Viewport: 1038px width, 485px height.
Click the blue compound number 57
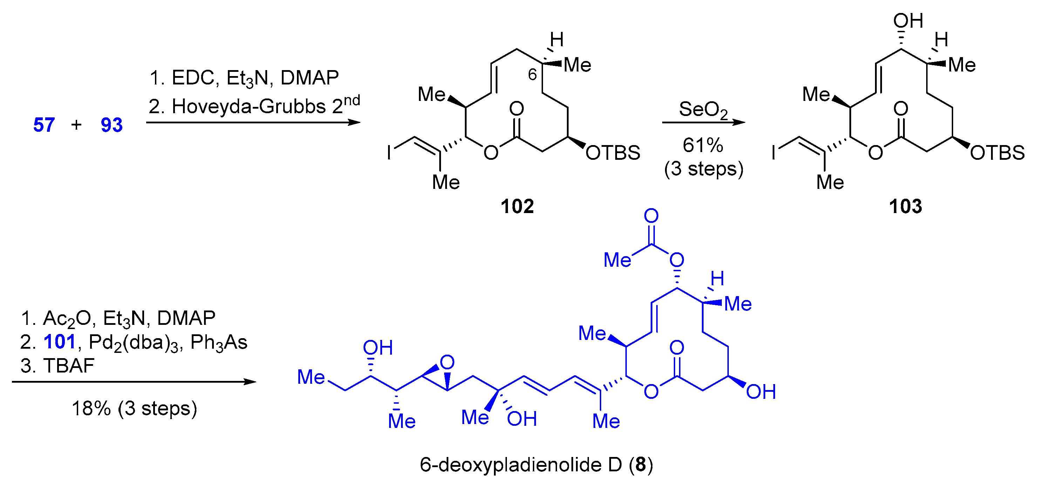(x=43, y=125)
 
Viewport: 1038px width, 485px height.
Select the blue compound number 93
(x=111, y=125)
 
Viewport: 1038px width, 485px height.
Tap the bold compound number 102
(x=517, y=207)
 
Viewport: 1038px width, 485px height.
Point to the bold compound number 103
(x=905, y=207)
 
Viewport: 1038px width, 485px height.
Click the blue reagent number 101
(x=60, y=342)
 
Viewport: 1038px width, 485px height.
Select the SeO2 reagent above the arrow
(x=703, y=109)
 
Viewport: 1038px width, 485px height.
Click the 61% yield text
(x=703, y=145)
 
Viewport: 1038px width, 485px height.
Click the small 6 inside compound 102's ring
(x=532, y=75)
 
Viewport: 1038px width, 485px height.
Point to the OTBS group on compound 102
(x=612, y=153)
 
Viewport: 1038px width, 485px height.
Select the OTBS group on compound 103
(x=997, y=153)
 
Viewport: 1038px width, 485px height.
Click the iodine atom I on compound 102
(x=389, y=153)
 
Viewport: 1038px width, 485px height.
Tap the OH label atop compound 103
(x=908, y=21)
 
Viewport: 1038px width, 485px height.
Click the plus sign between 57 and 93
(x=76, y=125)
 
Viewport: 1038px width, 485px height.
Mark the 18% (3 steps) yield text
(x=134, y=409)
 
